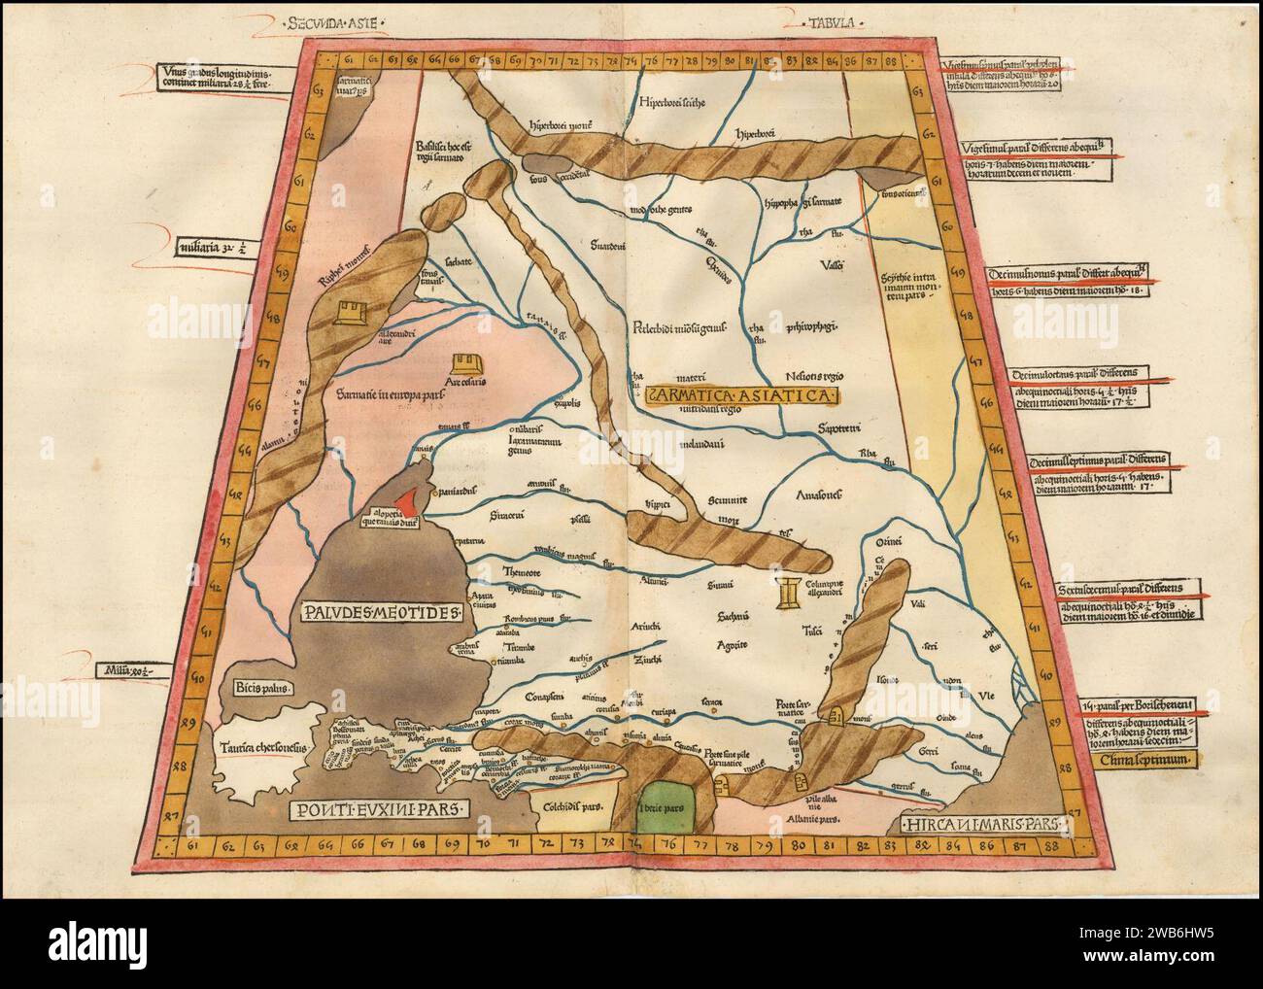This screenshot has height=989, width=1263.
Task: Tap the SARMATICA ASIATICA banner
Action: tap(737, 395)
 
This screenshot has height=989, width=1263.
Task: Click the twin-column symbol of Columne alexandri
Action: tap(789, 592)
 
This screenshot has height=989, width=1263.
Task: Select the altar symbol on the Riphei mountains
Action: tap(348, 311)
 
